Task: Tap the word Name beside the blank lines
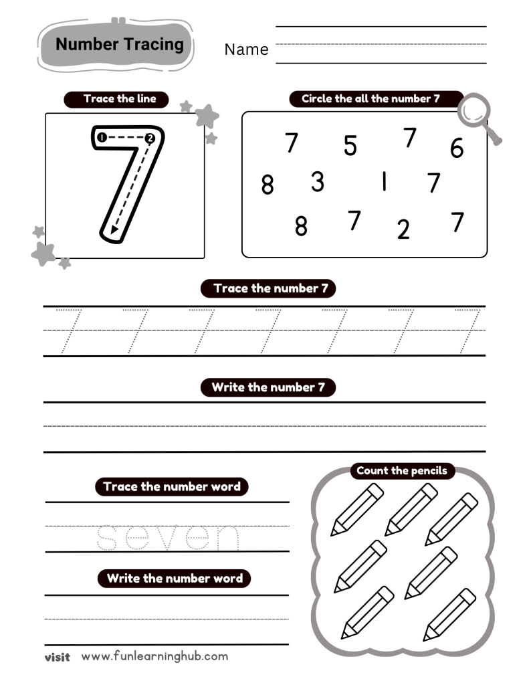246,50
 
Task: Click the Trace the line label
119,99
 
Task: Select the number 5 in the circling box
350,146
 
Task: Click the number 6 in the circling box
457,148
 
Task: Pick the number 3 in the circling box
318,181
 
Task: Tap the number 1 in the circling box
384,181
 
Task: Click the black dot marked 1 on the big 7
101,138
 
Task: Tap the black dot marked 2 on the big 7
150,138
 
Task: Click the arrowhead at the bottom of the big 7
114,229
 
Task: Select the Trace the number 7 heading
268,288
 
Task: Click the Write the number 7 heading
268,387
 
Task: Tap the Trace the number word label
172,486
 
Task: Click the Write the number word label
175,578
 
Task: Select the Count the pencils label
401,471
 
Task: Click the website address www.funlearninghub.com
154,656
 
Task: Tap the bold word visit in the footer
57,657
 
